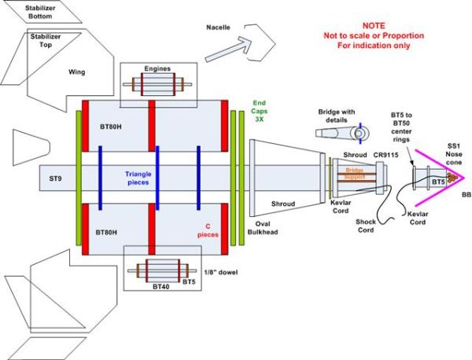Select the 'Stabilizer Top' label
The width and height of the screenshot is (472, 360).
tap(48, 40)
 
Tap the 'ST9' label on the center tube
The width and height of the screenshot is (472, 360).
tap(57, 180)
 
